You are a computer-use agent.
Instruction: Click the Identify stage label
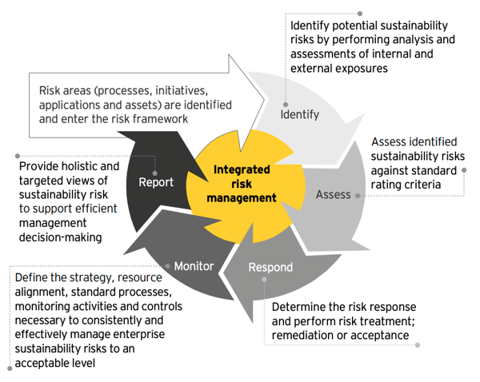[x=300, y=115]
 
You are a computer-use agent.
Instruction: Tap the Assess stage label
[x=333, y=194]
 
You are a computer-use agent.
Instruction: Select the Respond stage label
[x=270, y=267]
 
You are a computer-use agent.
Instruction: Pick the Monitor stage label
[x=194, y=266]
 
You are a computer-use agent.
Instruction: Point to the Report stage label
[x=156, y=182]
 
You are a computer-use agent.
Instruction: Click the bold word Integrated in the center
[x=242, y=169]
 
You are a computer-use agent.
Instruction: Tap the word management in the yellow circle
[x=242, y=198]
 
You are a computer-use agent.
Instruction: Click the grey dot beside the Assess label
[x=358, y=196]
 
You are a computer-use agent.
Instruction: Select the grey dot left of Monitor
[x=167, y=266]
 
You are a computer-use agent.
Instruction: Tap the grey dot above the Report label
[x=154, y=173]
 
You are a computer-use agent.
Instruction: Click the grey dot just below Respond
[x=264, y=279]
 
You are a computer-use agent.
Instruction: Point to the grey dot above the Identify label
[x=286, y=105]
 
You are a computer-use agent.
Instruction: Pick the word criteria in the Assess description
[x=425, y=185]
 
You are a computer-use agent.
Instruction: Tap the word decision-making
[x=60, y=237]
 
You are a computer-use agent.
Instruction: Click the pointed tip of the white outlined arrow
[x=265, y=99]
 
